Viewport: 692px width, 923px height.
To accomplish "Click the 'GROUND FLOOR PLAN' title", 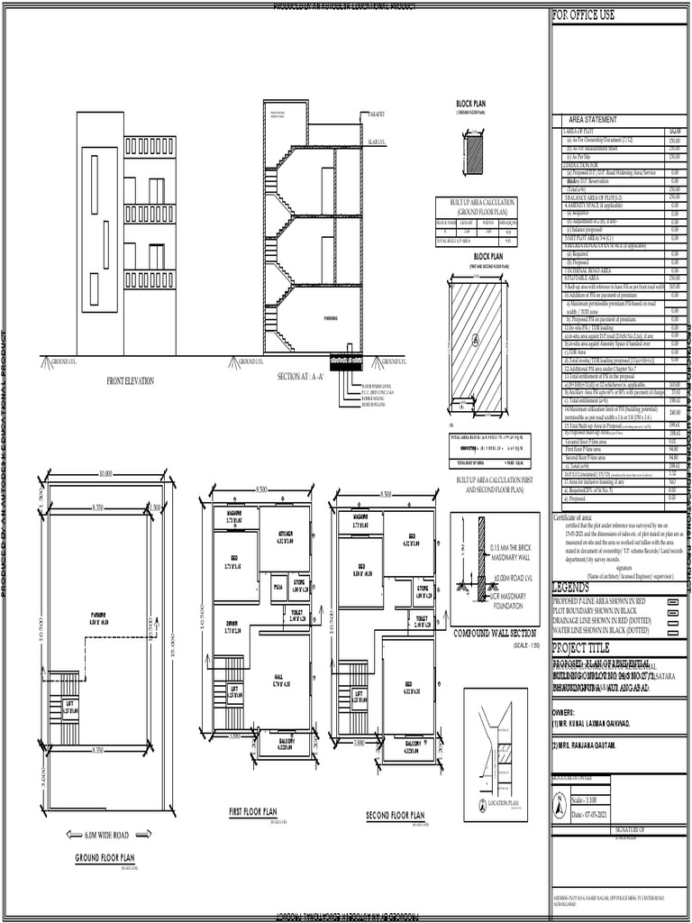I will pyautogui.click(x=105, y=858).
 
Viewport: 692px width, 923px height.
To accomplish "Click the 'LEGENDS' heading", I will pyautogui.click(x=577, y=587).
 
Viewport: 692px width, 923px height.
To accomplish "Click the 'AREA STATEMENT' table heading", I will pyautogui.click(x=593, y=120).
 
